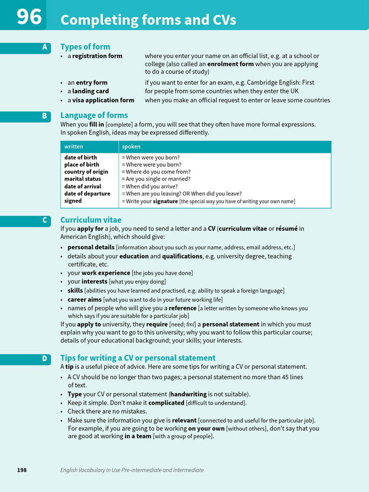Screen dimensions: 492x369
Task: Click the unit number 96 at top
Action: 29,17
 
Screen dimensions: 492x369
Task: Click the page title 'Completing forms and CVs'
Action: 148,20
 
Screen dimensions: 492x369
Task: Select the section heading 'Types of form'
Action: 85,47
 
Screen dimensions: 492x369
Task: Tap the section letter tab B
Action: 44,116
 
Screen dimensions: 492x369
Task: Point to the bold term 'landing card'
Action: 90,91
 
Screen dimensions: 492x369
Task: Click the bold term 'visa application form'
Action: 103,100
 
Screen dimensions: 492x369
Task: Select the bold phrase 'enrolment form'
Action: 230,64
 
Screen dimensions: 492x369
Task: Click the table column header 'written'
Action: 74,147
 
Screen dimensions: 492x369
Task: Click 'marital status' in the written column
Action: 83,179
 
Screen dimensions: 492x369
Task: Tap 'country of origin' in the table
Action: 86,172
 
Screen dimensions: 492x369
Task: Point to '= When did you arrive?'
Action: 149,186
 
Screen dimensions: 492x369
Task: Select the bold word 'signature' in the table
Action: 165,201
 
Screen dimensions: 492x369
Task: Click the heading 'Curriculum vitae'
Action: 91,220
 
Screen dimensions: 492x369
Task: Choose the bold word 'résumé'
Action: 287,229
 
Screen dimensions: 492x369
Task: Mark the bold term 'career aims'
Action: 85,299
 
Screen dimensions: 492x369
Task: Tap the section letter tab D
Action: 44,358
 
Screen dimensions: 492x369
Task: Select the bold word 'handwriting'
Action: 188,394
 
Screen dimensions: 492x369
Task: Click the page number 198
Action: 22,470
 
